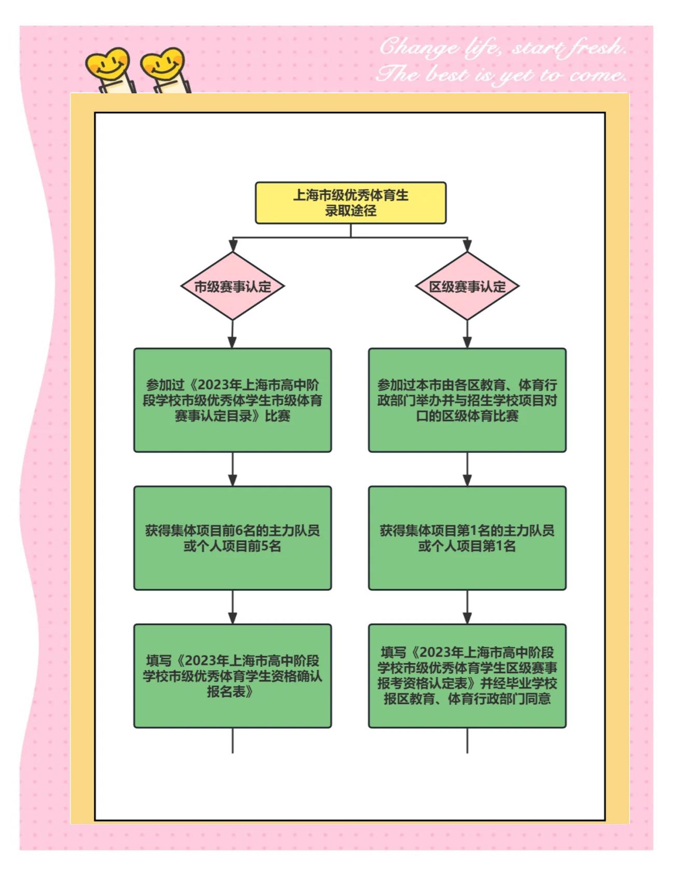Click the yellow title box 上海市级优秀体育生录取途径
350,203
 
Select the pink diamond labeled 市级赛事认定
232,286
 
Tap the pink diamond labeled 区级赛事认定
467,286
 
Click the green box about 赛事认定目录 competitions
232,400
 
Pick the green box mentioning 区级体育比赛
467,400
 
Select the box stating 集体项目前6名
232,538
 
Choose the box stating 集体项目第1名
467,538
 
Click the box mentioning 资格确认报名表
232,676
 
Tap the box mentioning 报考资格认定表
467,676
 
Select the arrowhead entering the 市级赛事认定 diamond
233,246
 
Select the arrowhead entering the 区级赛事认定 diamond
467,246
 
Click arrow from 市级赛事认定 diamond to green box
232,334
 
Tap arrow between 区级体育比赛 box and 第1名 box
467,470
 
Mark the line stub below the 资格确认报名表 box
232,740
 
